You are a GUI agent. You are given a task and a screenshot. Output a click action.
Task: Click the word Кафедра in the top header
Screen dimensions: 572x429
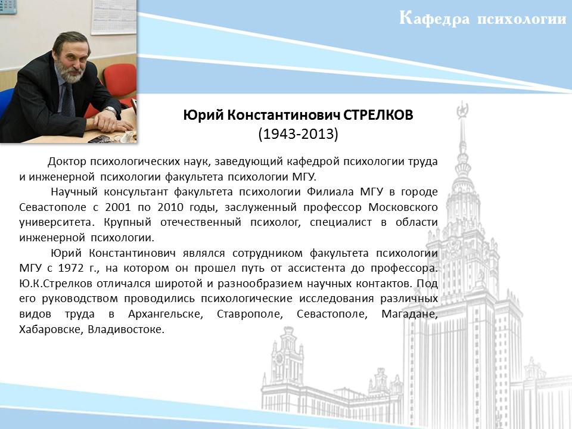pyautogui.click(x=434, y=18)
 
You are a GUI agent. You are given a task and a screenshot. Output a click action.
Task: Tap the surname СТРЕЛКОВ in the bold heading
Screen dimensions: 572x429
pyautogui.click(x=378, y=115)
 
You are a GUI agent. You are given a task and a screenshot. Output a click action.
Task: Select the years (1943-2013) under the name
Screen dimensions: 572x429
pyautogui.click(x=298, y=134)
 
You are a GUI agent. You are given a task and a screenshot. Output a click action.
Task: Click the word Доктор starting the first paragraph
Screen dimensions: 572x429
pyautogui.click(x=67, y=161)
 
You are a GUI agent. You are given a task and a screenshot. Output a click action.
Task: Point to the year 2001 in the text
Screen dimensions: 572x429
pyautogui.click(x=118, y=207)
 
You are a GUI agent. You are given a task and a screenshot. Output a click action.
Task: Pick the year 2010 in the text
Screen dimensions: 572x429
pyautogui.click(x=170, y=207)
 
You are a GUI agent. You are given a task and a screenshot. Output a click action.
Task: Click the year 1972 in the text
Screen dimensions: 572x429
pyautogui.click(x=71, y=268)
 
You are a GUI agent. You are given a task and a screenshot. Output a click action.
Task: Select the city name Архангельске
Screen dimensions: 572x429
pyautogui.click(x=166, y=314)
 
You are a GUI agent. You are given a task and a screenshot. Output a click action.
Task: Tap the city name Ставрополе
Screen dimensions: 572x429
pyautogui.click(x=250, y=314)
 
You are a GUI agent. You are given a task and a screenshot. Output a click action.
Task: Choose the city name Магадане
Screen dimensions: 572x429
pyautogui.click(x=409, y=314)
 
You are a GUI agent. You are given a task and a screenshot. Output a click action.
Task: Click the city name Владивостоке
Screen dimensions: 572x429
pyautogui.click(x=126, y=329)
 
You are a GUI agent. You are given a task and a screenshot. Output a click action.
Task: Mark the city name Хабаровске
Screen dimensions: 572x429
pyautogui.click(x=53, y=329)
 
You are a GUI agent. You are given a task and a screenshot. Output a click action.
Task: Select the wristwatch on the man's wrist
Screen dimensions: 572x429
pyautogui.click(x=111, y=110)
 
